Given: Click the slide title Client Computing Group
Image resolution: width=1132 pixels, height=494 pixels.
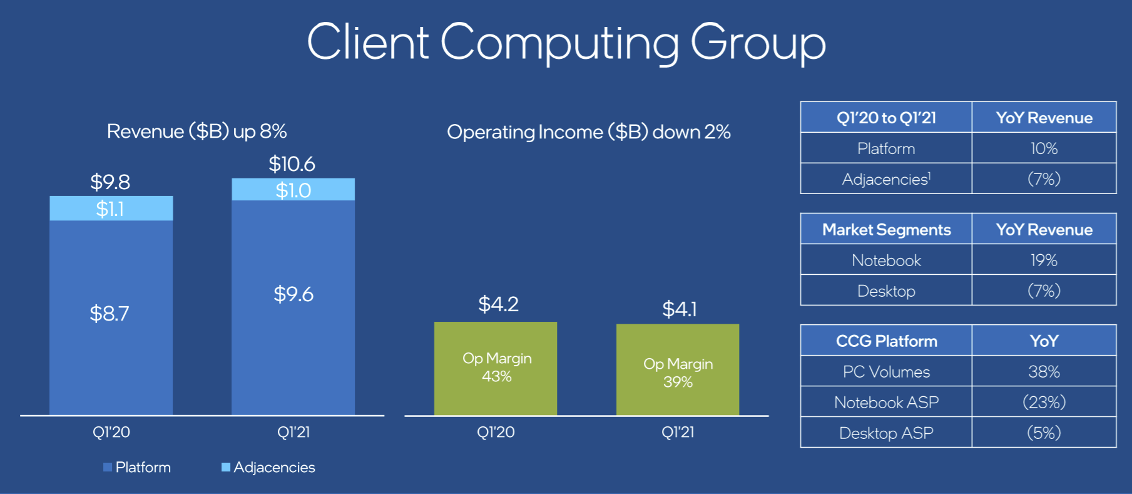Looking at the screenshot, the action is (566, 43).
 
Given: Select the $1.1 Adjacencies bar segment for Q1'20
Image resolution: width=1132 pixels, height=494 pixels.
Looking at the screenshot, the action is (111, 208).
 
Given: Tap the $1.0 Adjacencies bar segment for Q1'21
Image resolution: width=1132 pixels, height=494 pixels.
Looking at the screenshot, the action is (293, 190).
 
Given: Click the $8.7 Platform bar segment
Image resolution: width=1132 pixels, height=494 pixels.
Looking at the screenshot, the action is (111, 317).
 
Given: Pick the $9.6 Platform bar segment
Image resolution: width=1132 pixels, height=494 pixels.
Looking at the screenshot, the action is (293, 307).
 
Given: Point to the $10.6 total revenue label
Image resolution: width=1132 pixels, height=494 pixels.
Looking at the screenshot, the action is (292, 164).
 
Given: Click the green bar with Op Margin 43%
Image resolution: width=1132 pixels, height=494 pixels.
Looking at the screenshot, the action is (496, 369).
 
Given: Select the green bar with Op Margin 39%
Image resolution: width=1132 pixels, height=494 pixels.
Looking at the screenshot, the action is (678, 370).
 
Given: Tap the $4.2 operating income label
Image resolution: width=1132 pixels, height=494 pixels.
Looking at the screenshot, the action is (498, 304).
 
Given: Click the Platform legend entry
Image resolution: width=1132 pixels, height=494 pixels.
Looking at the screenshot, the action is (137, 467).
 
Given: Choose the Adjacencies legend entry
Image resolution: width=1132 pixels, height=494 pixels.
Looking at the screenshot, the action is (268, 467).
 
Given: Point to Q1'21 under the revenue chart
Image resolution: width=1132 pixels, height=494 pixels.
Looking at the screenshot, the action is (293, 432).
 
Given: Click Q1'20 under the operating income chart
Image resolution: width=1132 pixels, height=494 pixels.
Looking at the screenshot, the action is (496, 432).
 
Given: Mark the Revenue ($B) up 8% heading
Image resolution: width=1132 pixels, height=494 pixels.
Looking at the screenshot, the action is (197, 131).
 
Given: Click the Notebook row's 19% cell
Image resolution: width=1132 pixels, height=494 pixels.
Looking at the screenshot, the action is (1044, 260).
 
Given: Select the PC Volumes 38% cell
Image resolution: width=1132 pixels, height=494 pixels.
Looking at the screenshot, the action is (1044, 371).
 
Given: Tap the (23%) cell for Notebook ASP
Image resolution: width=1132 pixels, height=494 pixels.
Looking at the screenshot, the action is (1044, 402).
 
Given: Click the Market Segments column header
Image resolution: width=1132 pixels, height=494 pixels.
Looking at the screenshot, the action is (886, 229).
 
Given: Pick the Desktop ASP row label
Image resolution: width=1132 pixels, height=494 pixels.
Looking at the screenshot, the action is (886, 433).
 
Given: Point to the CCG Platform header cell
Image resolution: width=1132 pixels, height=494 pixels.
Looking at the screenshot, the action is (886, 341).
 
